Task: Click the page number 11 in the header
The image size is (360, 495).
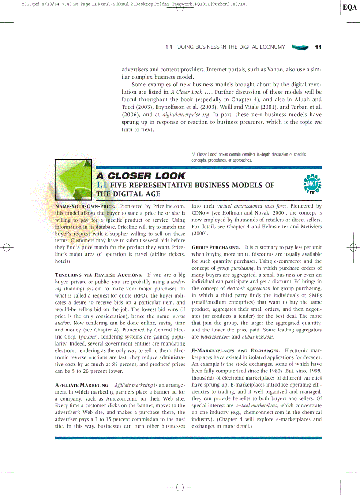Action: point(318,47)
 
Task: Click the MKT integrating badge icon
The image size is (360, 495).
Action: point(312,184)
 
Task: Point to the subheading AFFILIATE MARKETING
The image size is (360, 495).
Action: point(82,385)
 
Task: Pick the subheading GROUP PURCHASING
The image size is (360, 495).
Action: point(216,247)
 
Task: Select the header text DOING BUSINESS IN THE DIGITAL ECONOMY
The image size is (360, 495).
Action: point(231,47)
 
